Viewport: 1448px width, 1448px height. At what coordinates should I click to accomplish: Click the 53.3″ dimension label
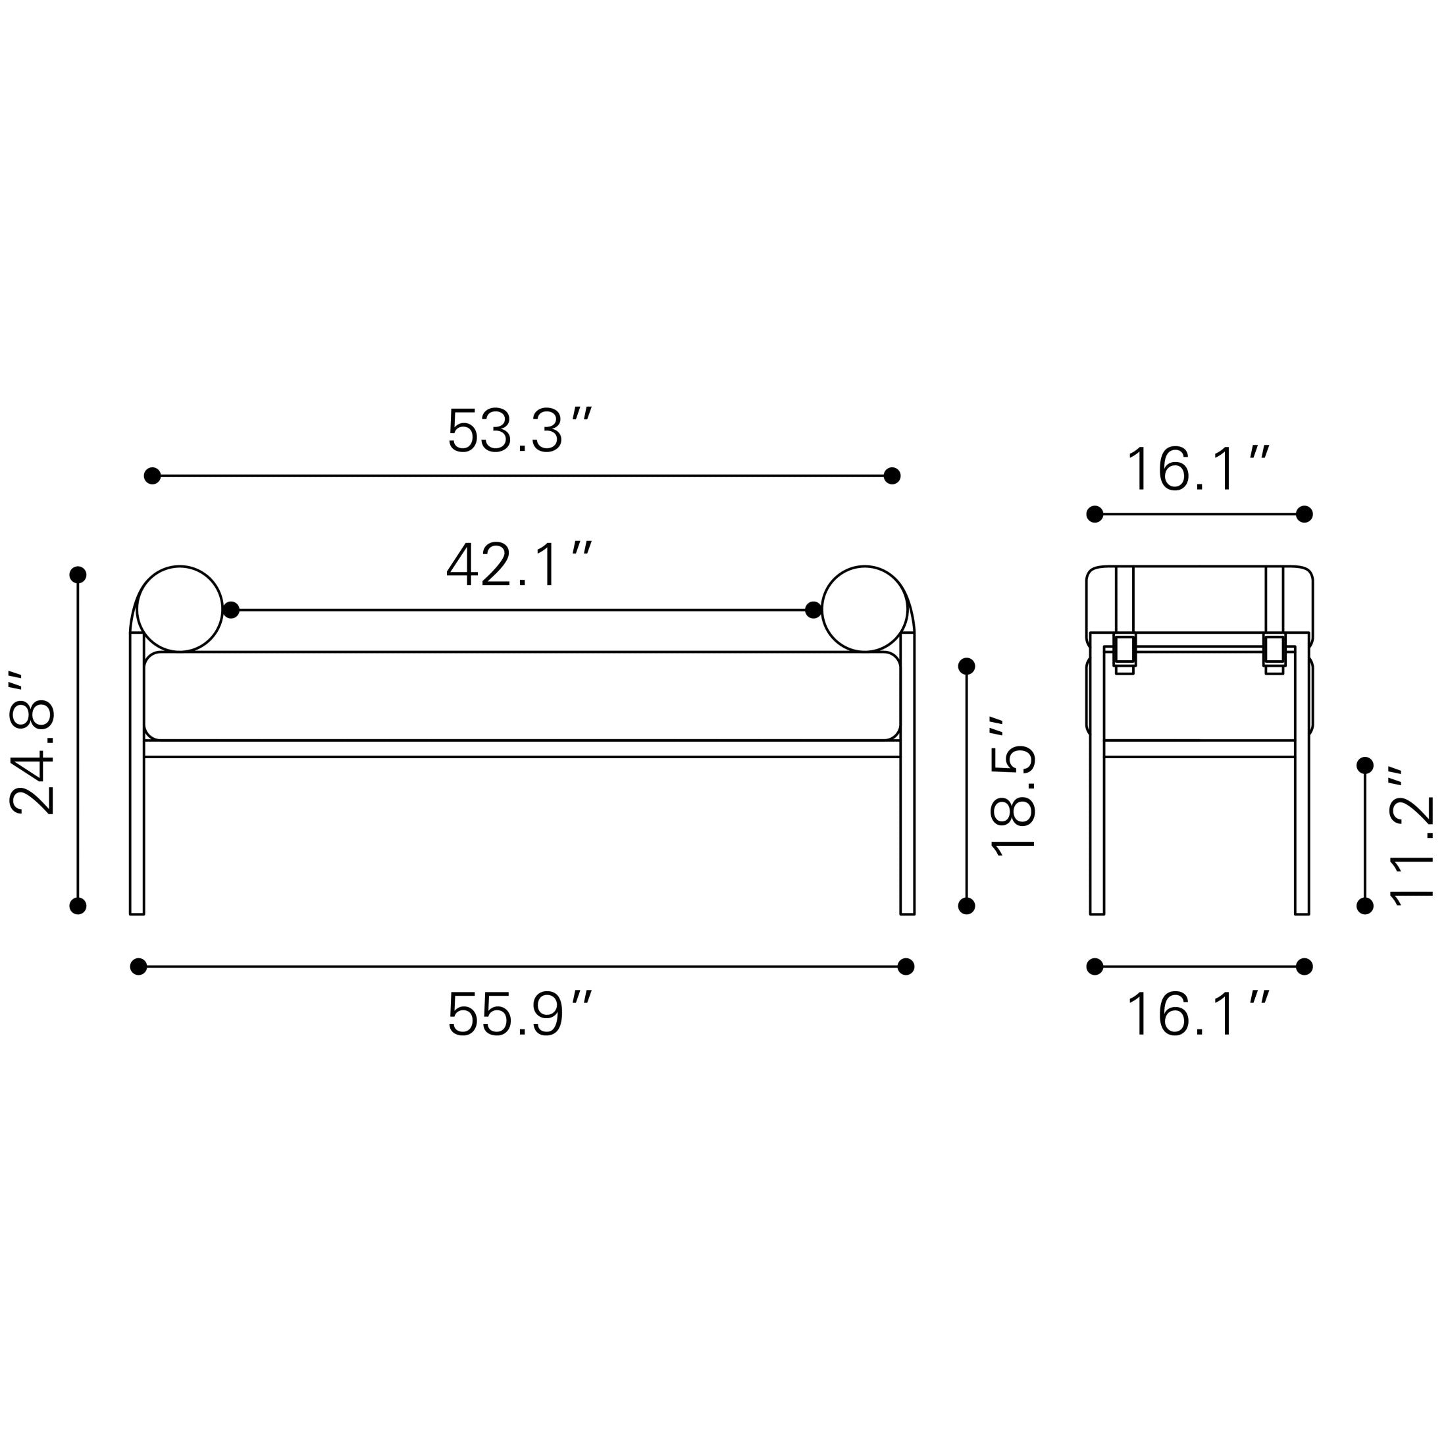(x=519, y=430)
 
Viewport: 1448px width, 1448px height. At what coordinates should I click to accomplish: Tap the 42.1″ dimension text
(x=519, y=565)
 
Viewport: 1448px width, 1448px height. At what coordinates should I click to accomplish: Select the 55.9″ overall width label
(x=519, y=1014)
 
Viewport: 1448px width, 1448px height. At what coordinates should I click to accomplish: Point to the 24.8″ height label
(x=32, y=742)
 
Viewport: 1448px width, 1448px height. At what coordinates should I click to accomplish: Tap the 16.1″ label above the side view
(x=1198, y=469)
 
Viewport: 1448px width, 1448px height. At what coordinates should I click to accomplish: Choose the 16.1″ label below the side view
(x=1198, y=1014)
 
